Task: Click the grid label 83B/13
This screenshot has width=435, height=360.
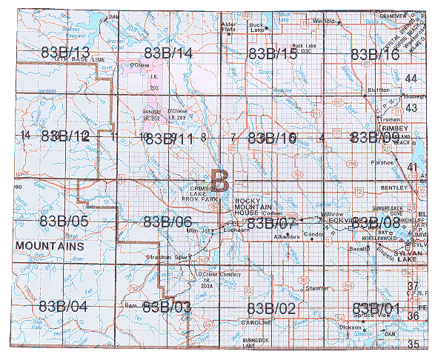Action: (66, 53)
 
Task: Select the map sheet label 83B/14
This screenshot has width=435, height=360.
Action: (168, 53)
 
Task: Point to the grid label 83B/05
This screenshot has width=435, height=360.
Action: (66, 221)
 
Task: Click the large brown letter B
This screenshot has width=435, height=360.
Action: (220, 179)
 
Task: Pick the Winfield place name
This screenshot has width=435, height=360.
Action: (324, 21)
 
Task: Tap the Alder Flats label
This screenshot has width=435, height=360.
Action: (230, 27)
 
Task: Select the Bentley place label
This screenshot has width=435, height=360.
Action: (396, 179)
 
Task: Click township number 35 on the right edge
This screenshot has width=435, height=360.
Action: (412, 344)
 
